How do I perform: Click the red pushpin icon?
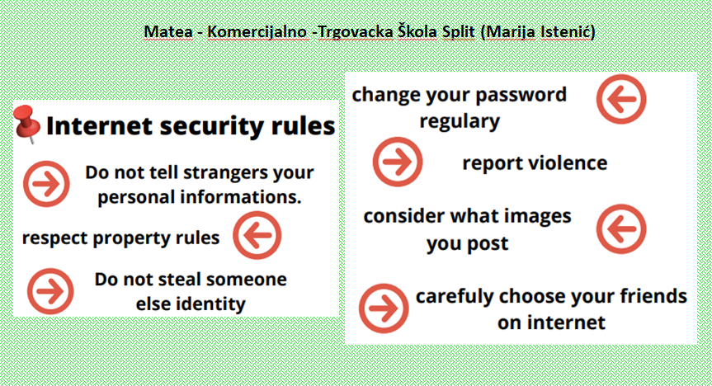click(26, 124)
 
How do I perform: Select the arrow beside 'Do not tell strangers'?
click(46, 184)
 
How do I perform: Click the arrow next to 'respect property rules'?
click(257, 235)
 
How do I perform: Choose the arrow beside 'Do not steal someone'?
click(50, 291)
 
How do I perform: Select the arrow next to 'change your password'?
click(621, 100)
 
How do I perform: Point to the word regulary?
click(460, 122)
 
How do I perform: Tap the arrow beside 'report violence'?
click(398, 162)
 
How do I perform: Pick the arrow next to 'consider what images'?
click(621, 228)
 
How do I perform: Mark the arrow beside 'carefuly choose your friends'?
click(384, 308)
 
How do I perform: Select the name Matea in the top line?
click(168, 32)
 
